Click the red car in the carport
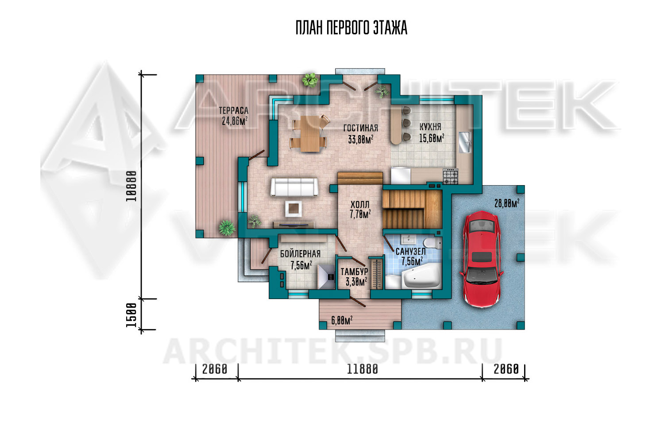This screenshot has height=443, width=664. (x=482, y=259)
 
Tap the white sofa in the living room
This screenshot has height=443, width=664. (x=294, y=187)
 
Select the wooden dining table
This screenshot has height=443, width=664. (x=310, y=133)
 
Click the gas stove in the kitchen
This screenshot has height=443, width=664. (x=451, y=176)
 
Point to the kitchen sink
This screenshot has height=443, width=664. (x=465, y=142)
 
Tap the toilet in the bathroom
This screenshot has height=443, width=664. (x=432, y=243)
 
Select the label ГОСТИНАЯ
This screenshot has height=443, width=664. (x=361, y=128)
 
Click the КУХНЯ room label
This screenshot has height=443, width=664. (x=430, y=127)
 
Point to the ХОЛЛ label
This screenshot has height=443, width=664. (x=360, y=205)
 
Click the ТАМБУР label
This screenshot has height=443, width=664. (x=354, y=272)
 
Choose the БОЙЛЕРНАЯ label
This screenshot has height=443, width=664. (x=300, y=254)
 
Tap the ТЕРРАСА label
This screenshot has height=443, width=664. (x=234, y=111)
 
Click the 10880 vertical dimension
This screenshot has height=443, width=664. (x=131, y=187)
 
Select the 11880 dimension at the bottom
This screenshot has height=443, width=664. (x=362, y=369)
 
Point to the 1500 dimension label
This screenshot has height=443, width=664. (x=131, y=315)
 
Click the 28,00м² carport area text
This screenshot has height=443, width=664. (x=506, y=203)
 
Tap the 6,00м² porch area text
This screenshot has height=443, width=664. (x=342, y=320)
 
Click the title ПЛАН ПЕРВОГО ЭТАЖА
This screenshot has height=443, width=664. (x=351, y=28)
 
